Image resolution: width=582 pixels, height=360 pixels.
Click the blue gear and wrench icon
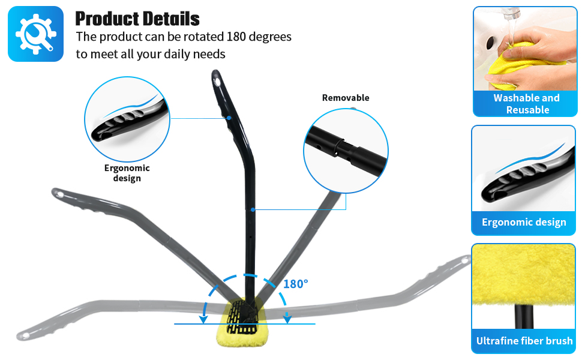[35, 34]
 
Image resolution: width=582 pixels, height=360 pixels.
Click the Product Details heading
[137, 18]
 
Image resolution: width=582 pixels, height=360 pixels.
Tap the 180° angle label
[295, 284]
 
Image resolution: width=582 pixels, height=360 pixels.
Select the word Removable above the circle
[346, 98]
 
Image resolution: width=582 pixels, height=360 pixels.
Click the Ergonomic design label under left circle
[127, 173]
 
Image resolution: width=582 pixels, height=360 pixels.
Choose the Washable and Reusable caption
[526, 104]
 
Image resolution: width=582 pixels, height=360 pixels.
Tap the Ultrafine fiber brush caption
[524, 341]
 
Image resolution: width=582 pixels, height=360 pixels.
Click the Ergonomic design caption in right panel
[524, 222]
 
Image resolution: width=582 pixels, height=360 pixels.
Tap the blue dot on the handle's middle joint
[254, 209]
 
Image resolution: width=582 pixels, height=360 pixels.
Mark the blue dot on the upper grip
[229, 118]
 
